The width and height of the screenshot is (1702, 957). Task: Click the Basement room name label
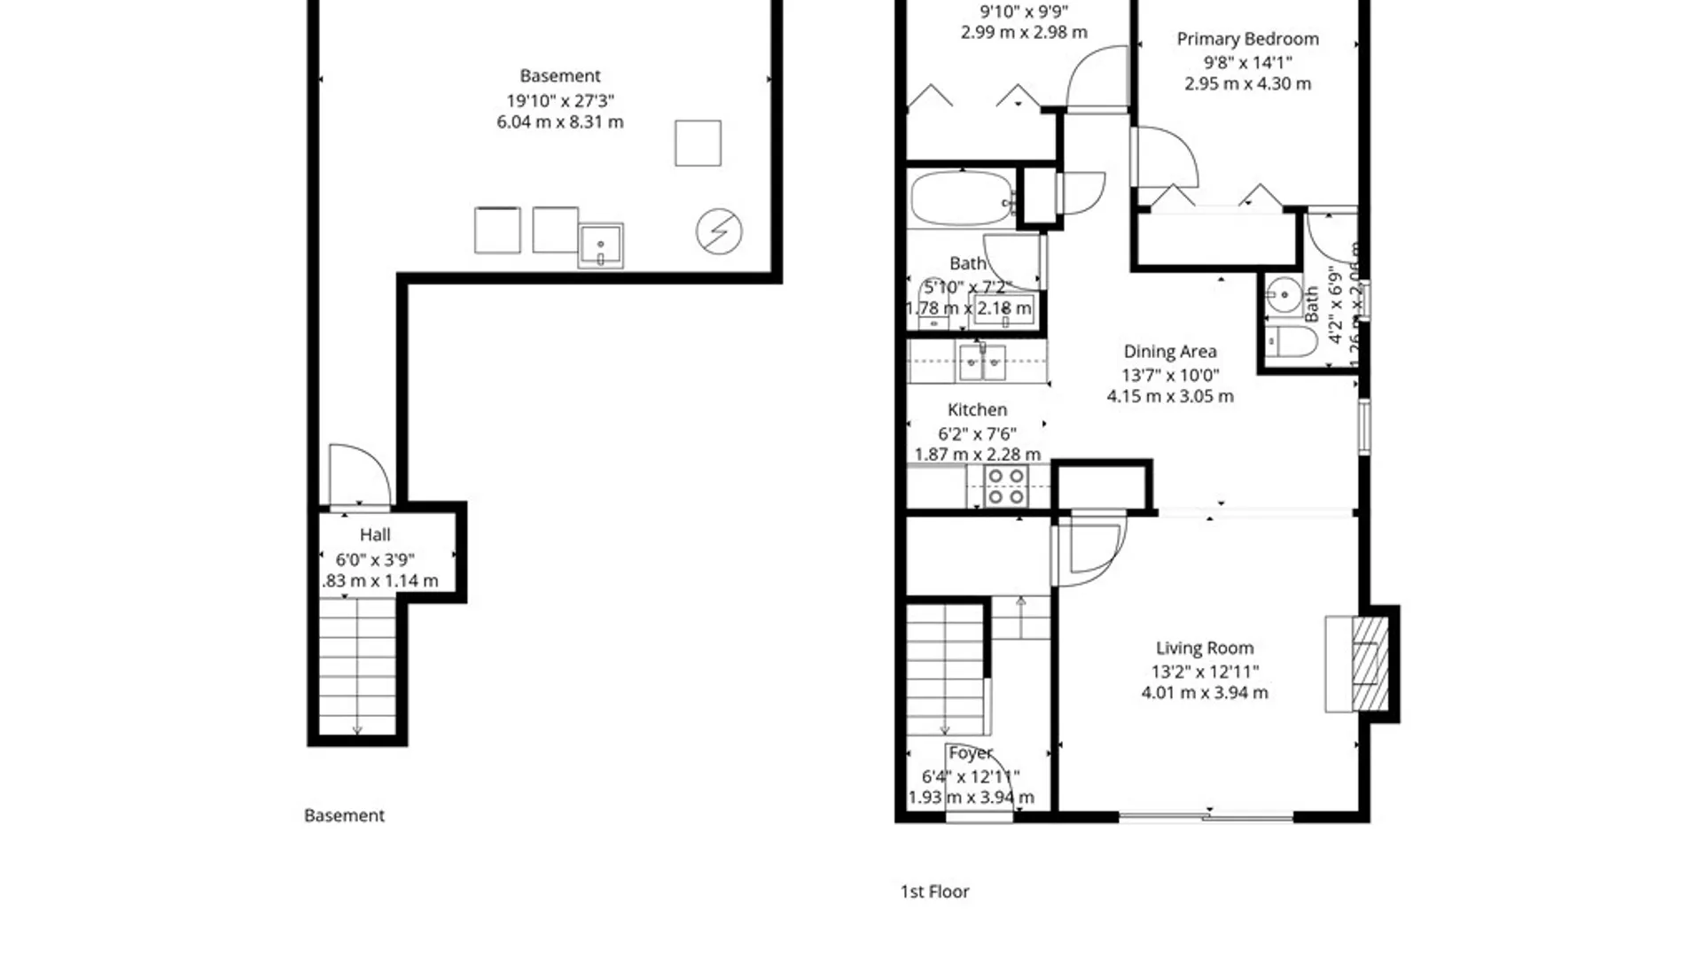click(x=559, y=76)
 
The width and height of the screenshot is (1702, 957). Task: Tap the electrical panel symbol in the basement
click(x=718, y=231)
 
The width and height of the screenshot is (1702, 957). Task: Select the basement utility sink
click(x=601, y=245)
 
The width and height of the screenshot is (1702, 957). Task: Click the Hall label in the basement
click(x=374, y=535)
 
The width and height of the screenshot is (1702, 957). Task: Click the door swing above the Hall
click(x=358, y=475)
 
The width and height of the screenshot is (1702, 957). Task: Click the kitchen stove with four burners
click(x=1006, y=486)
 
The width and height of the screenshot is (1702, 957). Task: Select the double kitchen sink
click(x=982, y=362)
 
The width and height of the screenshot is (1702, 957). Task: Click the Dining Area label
click(x=1169, y=352)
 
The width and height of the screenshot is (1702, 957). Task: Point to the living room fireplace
click(x=1370, y=664)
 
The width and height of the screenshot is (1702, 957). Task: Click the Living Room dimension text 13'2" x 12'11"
click(x=1204, y=672)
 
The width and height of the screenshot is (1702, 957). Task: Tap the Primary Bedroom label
click(x=1246, y=39)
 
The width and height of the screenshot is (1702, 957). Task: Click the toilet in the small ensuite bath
click(x=1290, y=342)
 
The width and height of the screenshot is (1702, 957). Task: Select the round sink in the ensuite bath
click(x=1284, y=295)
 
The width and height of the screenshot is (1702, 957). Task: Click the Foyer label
click(x=970, y=753)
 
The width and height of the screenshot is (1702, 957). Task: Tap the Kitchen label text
click(x=977, y=410)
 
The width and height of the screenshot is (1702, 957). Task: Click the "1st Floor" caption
click(x=934, y=891)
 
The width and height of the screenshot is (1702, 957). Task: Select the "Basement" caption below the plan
click(x=344, y=815)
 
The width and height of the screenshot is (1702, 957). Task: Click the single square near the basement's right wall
click(x=698, y=144)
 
